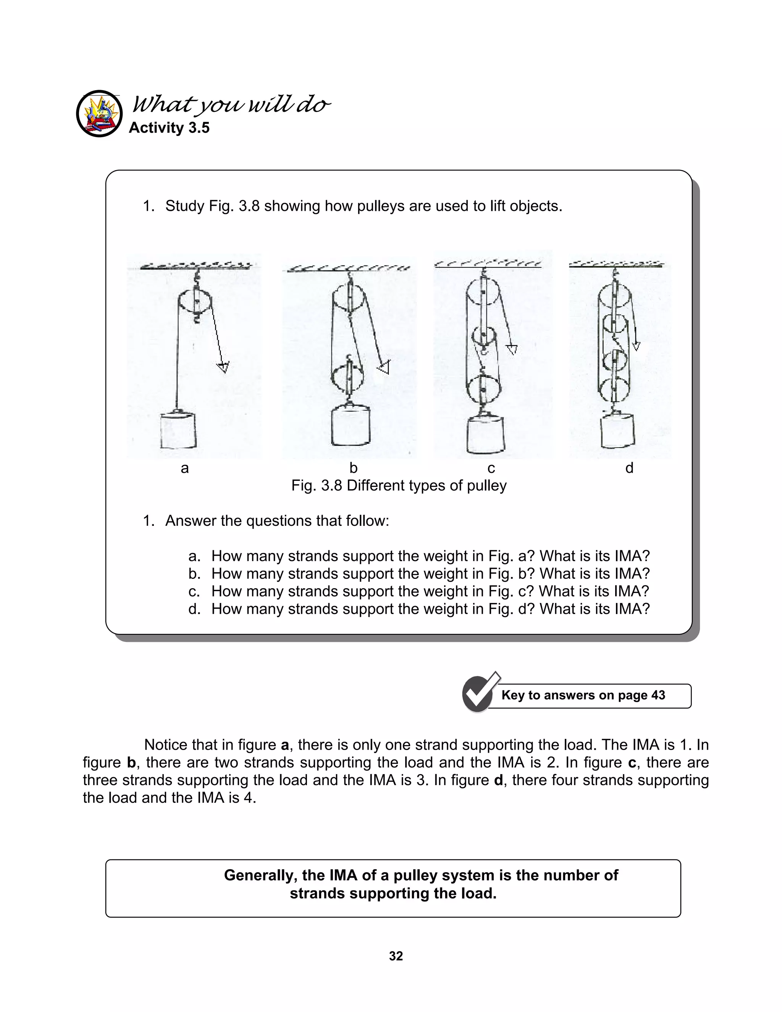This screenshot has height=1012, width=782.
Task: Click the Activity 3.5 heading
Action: [169, 128]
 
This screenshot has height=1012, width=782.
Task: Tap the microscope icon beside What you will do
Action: [100, 113]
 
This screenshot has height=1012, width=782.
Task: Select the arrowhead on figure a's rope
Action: [223, 367]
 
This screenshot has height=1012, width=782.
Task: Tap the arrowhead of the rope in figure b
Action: [384, 368]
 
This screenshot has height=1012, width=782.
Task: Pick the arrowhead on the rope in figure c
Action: [512, 349]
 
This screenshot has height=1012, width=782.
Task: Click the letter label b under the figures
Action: [353, 468]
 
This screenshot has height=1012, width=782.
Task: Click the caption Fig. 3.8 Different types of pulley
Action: [398, 486]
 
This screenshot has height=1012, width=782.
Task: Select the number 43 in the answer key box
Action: [658, 695]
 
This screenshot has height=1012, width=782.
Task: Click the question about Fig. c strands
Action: [430, 591]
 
